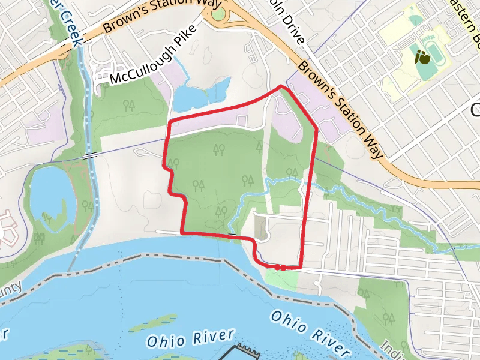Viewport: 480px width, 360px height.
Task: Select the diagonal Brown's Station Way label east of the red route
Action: coord(340,109)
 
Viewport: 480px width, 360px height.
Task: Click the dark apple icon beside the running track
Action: coord(422,59)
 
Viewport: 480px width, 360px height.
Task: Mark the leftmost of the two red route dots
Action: coord(277,267)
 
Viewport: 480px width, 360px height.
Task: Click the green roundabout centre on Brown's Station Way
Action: coord(218,13)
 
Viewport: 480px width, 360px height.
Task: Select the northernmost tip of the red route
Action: coord(281,87)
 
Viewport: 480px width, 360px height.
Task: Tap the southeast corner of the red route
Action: coord(299,266)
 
